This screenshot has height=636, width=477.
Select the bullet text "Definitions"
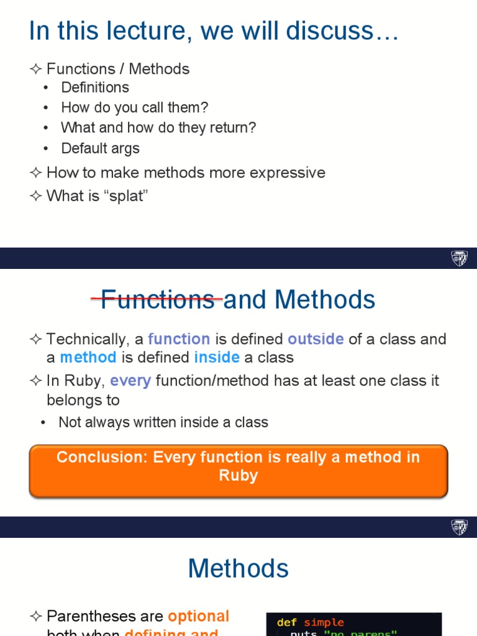tap(95, 88)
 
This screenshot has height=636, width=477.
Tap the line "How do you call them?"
tap(134, 107)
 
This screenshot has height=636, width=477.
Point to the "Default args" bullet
tap(100, 148)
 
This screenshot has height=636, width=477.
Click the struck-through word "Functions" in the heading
tap(157, 300)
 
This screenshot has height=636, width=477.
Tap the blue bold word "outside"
tap(316, 339)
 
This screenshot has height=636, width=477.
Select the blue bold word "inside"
tap(217, 358)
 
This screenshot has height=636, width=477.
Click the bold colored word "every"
tap(130, 380)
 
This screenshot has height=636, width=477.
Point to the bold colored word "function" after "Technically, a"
tap(179, 339)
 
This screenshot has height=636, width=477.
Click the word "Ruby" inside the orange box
tap(238, 476)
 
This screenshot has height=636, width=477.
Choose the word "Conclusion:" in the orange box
tap(102, 457)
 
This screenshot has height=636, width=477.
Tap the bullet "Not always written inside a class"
tap(163, 422)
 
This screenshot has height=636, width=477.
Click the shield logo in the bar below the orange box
tap(459, 527)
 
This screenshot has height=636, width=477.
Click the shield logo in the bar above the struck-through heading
tap(459, 258)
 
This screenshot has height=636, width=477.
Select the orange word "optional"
tap(198, 616)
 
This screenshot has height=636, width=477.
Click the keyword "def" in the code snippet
tap(286, 622)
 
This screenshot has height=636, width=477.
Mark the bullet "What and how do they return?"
tap(158, 128)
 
